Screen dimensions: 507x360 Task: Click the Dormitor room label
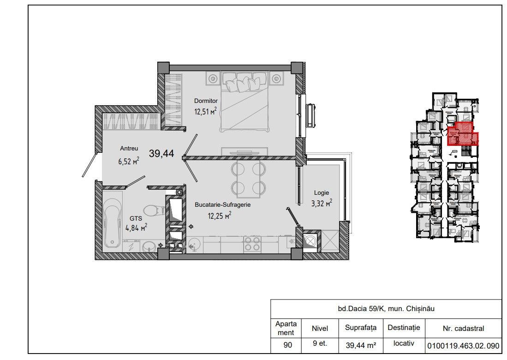coord(206,101)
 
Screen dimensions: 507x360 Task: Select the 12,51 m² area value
coord(205,111)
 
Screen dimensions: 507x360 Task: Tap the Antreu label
coord(129,149)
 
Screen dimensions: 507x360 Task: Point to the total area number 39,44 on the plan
coord(161,153)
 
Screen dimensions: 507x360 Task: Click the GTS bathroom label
coord(136,219)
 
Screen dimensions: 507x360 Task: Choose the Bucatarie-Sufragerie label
coord(222,205)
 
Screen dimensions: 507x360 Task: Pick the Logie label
coord(322,193)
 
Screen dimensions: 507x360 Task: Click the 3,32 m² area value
coord(322,203)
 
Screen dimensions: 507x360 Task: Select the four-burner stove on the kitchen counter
coord(252,244)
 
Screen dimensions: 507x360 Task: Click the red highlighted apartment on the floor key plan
coord(462,134)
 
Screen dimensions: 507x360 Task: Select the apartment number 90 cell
coord(287,345)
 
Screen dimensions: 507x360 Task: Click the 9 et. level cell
coord(320,343)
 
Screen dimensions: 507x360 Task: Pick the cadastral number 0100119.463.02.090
coord(463,346)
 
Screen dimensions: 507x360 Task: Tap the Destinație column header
coord(404,328)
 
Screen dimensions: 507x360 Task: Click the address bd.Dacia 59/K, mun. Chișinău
coord(386,309)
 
